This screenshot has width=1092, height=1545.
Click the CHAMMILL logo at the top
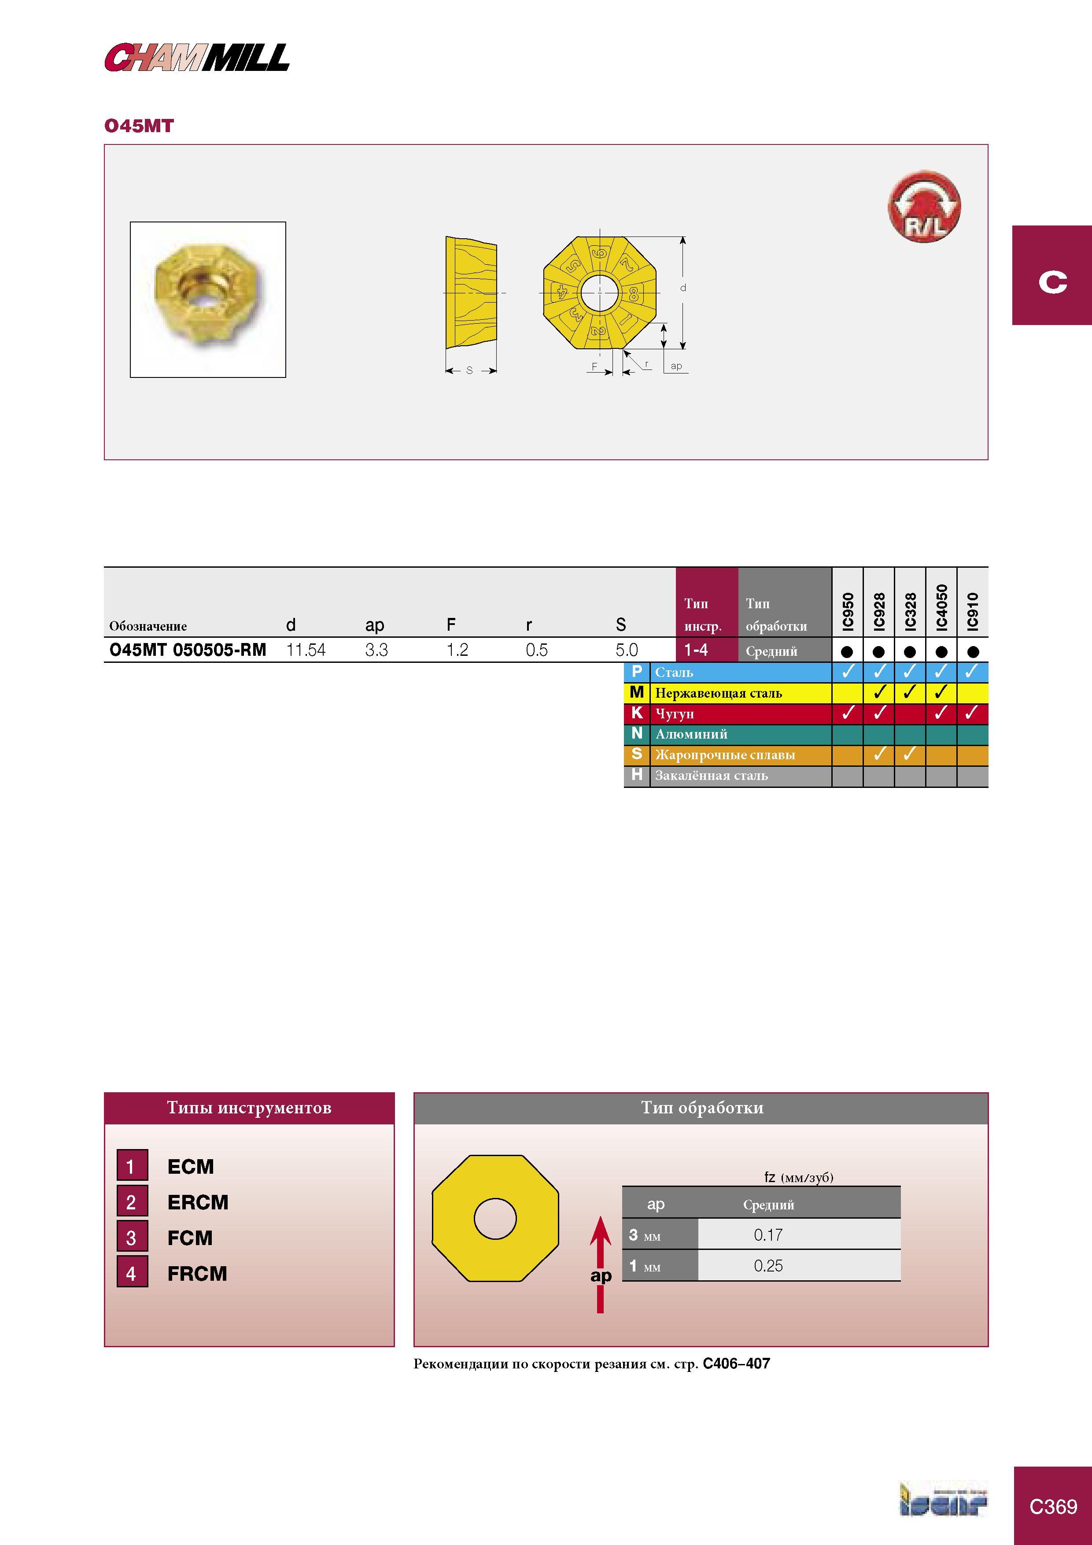point(196,57)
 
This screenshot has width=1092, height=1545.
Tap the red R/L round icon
point(925,207)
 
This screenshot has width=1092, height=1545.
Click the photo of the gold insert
point(208,299)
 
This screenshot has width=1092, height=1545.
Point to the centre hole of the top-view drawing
point(599,293)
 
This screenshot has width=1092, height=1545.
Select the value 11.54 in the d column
point(306,650)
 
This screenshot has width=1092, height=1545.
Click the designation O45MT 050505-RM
point(188,650)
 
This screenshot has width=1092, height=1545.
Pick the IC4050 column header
point(941,607)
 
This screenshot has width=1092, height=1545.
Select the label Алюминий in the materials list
point(691,734)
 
